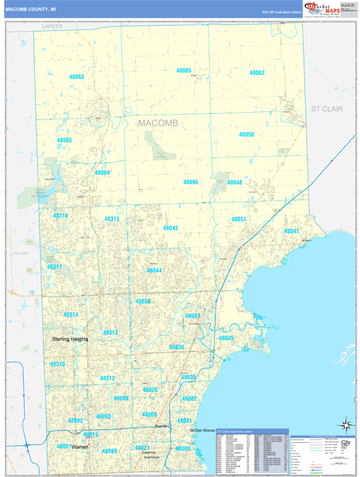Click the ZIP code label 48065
pyautogui.click(x=76, y=77)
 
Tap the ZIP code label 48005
pyautogui.click(x=184, y=71)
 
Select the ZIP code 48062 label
pyautogui.click(x=257, y=72)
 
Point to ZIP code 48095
pyautogui.click(x=64, y=140)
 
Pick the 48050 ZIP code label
pyautogui.click(x=246, y=134)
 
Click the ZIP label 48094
pyautogui.click(x=102, y=173)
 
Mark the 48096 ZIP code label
pyautogui.click(x=191, y=182)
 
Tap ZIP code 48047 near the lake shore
pyautogui.click(x=292, y=231)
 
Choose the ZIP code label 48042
pyautogui.click(x=171, y=228)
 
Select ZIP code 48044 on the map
pyautogui.click(x=154, y=270)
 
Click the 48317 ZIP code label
pyautogui.click(x=54, y=267)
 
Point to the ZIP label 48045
pyautogui.click(x=226, y=338)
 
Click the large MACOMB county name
pyautogui.click(x=158, y=123)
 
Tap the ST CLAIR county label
pyautogui.click(x=326, y=108)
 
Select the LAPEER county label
pyautogui.click(x=52, y=26)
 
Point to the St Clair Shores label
pyautogui.click(x=203, y=431)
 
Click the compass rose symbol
pyautogui.click(x=344, y=425)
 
